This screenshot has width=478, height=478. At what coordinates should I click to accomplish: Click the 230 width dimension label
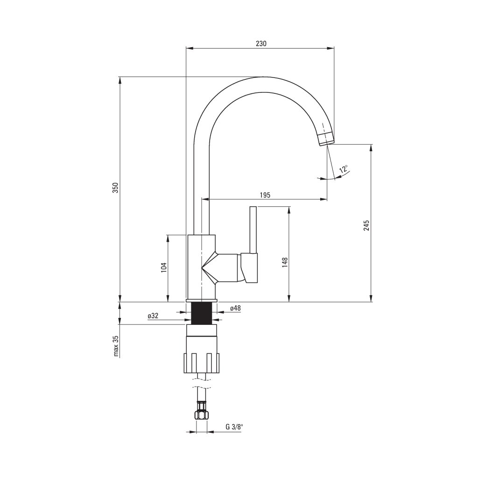[261, 43]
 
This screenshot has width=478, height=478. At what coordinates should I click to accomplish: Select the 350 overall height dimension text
[115, 188]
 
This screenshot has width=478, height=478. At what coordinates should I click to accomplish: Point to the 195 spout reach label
[265, 195]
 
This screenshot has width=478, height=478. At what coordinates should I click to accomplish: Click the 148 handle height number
[285, 262]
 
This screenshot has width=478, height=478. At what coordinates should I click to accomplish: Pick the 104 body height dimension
[164, 267]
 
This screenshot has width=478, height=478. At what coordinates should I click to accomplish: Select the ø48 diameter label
[235, 308]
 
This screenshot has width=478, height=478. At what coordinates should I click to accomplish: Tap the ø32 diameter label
[153, 316]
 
